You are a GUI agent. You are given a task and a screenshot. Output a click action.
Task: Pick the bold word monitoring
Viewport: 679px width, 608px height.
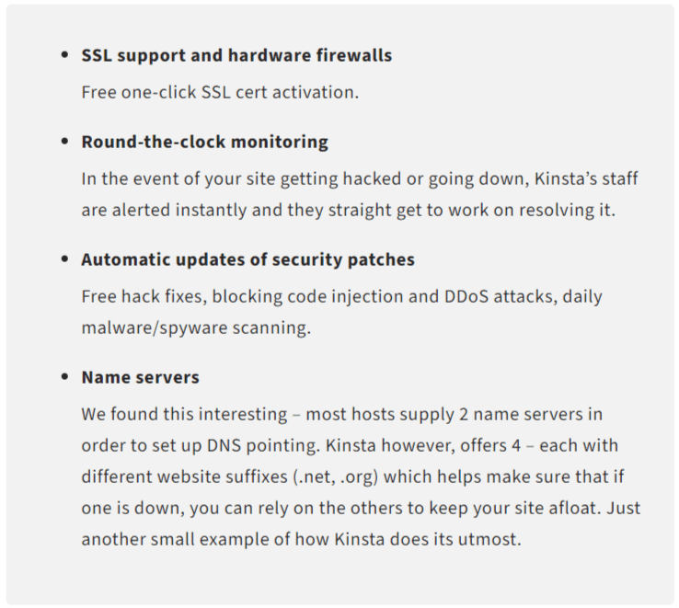(280, 143)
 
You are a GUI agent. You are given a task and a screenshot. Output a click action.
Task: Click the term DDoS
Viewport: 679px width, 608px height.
(466, 296)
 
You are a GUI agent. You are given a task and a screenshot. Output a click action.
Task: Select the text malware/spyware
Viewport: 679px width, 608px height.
(155, 328)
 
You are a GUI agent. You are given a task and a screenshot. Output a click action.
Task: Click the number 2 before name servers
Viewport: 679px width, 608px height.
(464, 415)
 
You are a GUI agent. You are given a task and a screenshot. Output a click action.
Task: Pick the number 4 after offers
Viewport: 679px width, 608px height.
(516, 445)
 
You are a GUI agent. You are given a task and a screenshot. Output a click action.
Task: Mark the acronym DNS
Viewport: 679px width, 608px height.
(224, 445)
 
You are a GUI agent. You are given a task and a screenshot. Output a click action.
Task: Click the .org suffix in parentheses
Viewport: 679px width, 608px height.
(357, 477)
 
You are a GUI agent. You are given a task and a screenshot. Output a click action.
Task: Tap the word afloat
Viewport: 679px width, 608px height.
(572, 508)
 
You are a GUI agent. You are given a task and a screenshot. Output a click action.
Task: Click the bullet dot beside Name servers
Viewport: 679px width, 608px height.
(65, 377)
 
